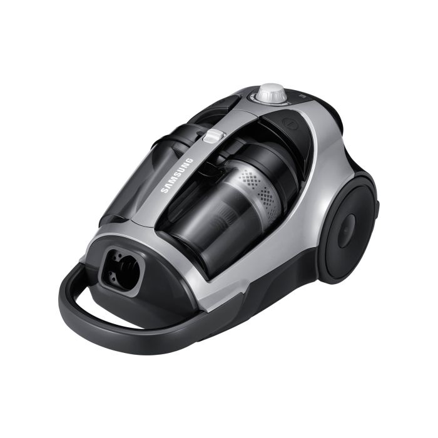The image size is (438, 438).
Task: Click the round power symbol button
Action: [x=289, y=123]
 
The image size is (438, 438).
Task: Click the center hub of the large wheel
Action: [x=347, y=231]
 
